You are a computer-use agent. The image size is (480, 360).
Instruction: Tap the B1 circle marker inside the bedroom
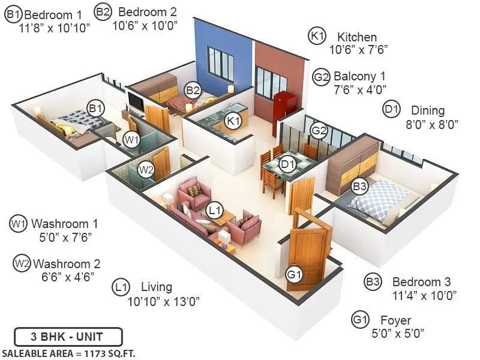click(95, 109)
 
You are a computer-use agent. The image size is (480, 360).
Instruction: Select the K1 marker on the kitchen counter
click(233, 121)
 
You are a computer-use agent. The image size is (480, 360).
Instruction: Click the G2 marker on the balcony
click(319, 130)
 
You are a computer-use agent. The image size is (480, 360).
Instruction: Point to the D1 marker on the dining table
click(288, 162)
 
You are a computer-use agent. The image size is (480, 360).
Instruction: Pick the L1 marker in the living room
click(214, 210)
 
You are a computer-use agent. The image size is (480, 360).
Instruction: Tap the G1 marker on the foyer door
click(293, 275)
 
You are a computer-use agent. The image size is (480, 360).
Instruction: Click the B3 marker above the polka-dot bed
click(359, 187)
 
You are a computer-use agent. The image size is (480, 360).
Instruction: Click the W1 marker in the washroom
click(131, 139)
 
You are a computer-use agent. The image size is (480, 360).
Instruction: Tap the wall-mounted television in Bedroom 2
click(136, 103)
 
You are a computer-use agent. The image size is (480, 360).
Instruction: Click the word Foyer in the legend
click(395, 320)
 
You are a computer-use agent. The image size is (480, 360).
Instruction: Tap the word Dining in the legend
click(428, 110)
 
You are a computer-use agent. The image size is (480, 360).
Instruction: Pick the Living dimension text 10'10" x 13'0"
click(163, 301)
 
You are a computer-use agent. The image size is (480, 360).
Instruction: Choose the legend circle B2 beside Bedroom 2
click(103, 11)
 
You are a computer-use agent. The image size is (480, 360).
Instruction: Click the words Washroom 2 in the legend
click(67, 263)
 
